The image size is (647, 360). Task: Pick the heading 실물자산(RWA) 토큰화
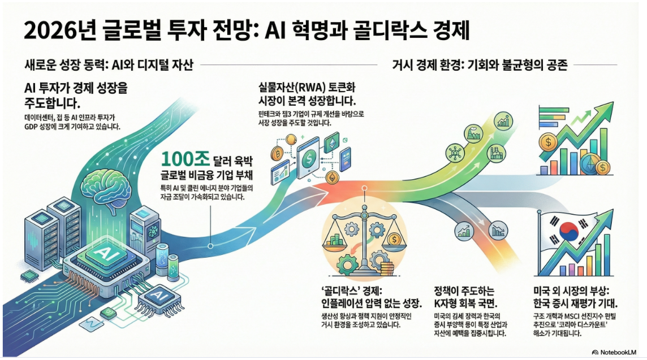[305, 89]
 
